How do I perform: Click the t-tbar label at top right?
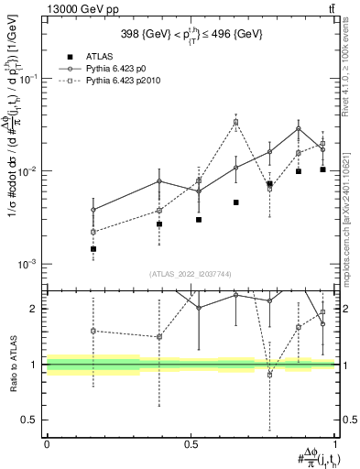click(x=329, y=8)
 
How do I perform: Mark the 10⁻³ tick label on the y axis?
click(x=27, y=264)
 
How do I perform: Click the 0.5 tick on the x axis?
click(x=191, y=443)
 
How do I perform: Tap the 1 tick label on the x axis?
click(x=334, y=443)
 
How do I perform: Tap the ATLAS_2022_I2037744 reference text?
click(x=191, y=274)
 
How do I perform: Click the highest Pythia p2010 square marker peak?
click(x=235, y=122)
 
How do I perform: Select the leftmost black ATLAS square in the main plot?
click(x=93, y=248)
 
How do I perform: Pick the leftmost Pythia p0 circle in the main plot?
click(x=93, y=210)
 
